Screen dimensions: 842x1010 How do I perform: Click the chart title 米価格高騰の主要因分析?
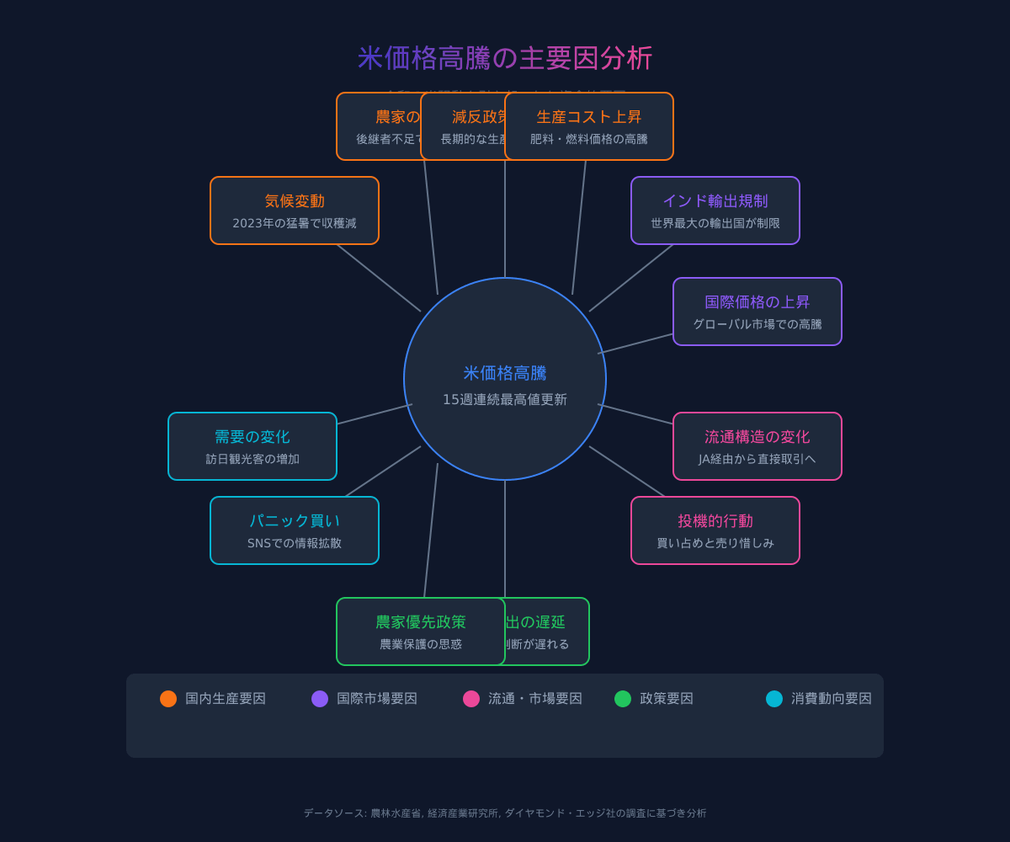pos(505,58)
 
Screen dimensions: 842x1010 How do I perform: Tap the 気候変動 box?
pos(295,210)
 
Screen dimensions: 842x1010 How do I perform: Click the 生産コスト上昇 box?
pos(589,126)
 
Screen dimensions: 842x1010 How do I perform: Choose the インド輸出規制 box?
pos(715,210)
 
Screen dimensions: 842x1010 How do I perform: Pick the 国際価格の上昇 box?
pos(757,312)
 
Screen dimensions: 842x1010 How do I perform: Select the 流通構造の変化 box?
pos(757,446)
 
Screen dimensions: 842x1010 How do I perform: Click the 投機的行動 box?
pos(715,530)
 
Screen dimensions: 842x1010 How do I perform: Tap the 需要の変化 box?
pos(252,446)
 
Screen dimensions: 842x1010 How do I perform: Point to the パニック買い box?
pos(295,530)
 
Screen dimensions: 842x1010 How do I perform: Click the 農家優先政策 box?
pos(421,631)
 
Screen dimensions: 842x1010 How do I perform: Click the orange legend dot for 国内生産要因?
pos(168,699)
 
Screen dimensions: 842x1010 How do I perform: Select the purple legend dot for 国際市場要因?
pos(320,699)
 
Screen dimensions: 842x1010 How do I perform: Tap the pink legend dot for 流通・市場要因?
pos(471,699)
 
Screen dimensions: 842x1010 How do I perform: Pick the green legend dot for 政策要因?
pos(623,699)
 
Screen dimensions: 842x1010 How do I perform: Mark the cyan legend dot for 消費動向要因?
pos(774,699)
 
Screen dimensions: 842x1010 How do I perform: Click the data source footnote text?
pos(505,813)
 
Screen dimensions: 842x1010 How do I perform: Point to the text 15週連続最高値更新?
pos(505,400)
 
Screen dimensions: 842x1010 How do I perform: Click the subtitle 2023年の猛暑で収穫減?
pos(295,223)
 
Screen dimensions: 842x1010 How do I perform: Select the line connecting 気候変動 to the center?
pos(379,278)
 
